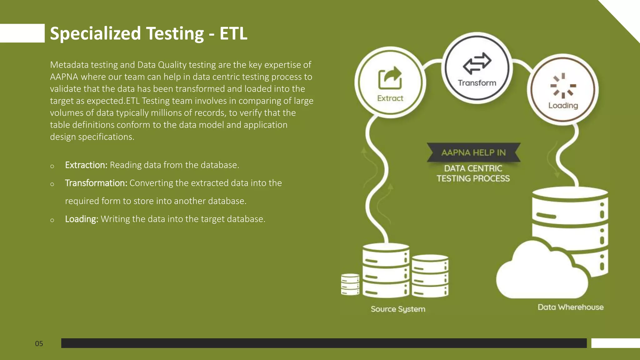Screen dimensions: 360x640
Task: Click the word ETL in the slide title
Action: (233, 33)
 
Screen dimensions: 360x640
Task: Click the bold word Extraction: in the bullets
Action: (86, 165)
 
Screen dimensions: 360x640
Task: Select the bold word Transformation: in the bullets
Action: (96, 183)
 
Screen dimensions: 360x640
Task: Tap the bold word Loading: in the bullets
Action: (82, 219)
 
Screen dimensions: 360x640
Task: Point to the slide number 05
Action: (39, 344)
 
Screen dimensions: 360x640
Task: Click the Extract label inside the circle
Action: (390, 98)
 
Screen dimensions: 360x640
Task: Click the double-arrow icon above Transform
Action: (477, 62)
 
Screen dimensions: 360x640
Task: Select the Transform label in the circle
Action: (477, 83)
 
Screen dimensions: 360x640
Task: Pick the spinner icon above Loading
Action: (563, 86)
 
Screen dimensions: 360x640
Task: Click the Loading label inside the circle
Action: (563, 106)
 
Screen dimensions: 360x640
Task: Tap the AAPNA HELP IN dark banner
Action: (473, 152)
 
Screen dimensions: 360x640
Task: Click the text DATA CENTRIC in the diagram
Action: (473, 168)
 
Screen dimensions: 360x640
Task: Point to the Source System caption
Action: (398, 309)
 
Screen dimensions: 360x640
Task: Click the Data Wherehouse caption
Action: (570, 307)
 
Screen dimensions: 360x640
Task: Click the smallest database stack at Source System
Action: (350, 284)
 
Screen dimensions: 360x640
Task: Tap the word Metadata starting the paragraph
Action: (69, 65)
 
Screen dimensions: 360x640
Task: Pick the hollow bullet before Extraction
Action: (52, 166)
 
